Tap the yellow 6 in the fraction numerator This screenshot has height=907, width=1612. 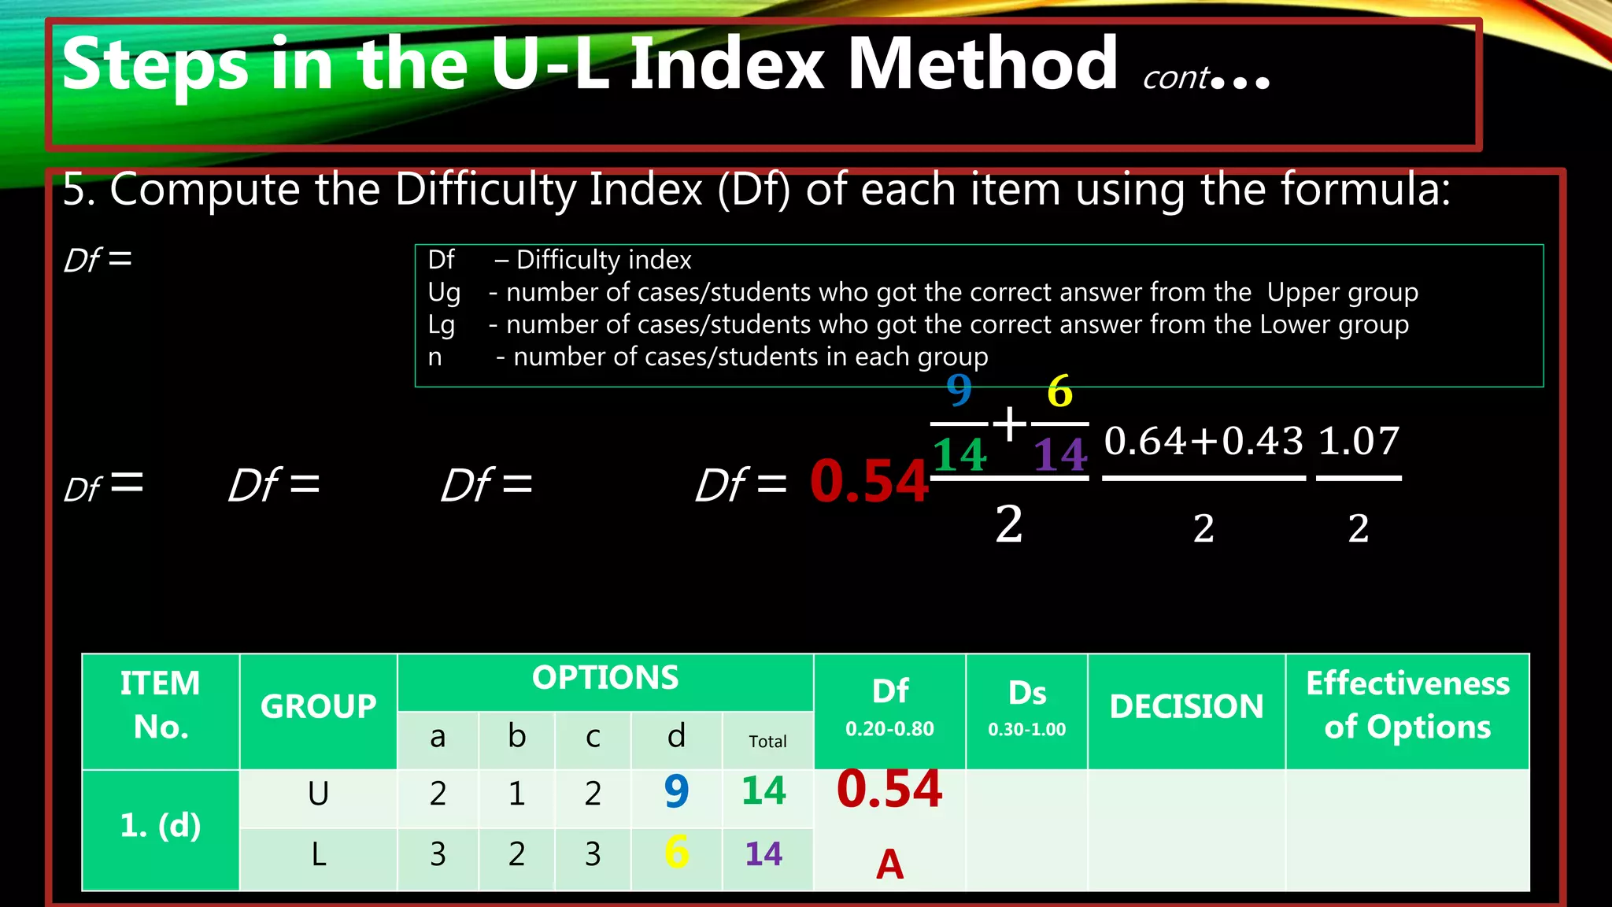coord(1059,391)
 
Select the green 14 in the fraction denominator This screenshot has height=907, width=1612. coord(959,454)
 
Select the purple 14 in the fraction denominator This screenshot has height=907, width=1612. coord(1060,454)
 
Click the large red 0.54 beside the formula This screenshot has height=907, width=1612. coord(868,481)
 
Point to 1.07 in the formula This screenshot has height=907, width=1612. coord(1359,441)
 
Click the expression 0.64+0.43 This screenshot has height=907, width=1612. coord(1203,441)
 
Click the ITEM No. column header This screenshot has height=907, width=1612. coord(161,705)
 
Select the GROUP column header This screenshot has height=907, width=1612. coord(318,706)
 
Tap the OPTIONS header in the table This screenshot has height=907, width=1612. coord(604,678)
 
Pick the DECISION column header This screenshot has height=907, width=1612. coord(1186,706)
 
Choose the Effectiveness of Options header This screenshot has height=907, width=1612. coord(1407,705)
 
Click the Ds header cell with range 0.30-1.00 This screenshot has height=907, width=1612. coord(1026,706)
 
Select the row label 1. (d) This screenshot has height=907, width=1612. coord(161,825)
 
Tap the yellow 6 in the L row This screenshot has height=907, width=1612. coord(676,853)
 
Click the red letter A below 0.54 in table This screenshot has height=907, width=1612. coord(889,864)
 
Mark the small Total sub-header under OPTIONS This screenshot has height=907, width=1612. coord(767,742)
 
